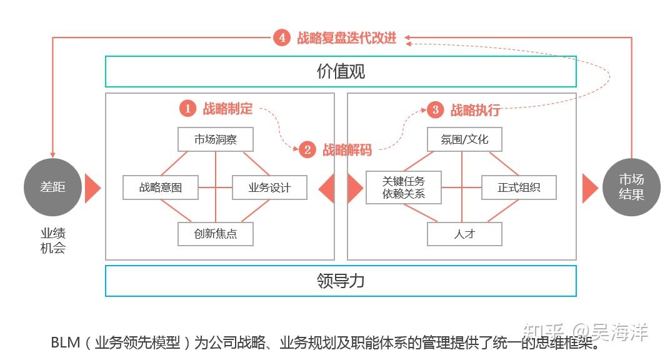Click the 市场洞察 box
click(216, 139)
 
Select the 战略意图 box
click(161, 187)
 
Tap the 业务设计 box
click(269, 187)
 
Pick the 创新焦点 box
click(216, 234)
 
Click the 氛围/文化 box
click(464, 139)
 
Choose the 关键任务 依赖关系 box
click(403, 187)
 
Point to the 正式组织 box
click(519, 187)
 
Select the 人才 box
click(464, 234)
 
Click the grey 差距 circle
click(52, 187)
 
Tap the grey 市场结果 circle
click(631, 187)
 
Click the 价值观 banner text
click(341, 72)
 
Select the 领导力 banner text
click(341, 281)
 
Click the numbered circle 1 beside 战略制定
click(187, 108)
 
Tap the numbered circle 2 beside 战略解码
click(307, 150)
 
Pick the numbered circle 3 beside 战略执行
click(436, 110)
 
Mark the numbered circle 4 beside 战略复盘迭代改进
click(282, 37)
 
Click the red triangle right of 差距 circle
click(92, 187)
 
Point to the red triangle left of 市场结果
click(589, 187)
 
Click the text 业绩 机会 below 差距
click(53, 241)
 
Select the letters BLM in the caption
click(64, 342)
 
